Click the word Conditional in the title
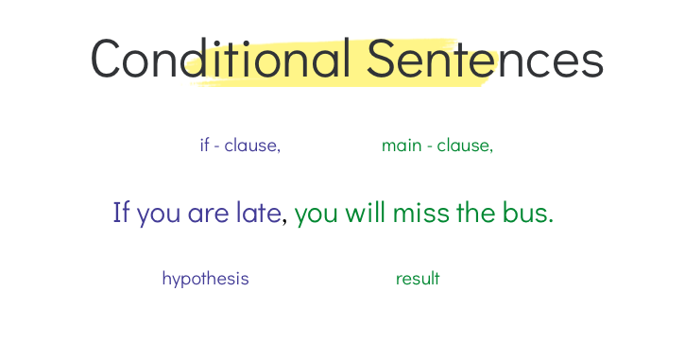click(x=221, y=60)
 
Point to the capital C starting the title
click(x=108, y=60)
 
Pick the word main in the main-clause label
click(x=402, y=146)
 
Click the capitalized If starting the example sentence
click(x=121, y=213)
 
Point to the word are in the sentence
click(x=208, y=214)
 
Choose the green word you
click(x=317, y=214)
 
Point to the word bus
click(x=524, y=213)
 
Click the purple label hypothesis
click(x=205, y=279)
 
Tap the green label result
click(x=418, y=279)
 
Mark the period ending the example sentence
click(x=551, y=221)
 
